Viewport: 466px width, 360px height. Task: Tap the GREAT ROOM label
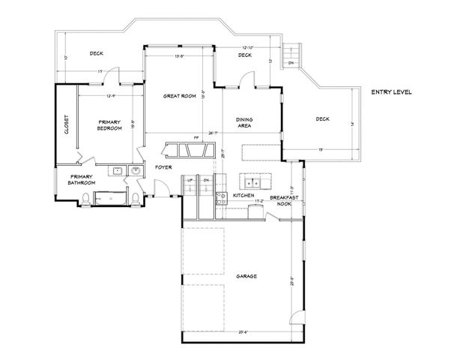(x=180, y=96)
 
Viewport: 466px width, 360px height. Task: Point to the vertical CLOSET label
(x=66, y=124)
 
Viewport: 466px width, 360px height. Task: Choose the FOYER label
(x=163, y=166)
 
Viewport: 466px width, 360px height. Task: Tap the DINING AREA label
(x=243, y=122)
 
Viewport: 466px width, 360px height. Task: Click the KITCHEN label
(x=243, y=195)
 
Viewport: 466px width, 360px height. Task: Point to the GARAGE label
(x=247, y=276)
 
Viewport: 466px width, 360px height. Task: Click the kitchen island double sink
(x=250, y=181)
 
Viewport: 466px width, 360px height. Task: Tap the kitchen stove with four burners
(x=221, y=198)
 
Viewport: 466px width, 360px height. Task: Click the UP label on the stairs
(x=190, y=181)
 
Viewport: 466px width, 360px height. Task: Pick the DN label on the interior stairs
(x=205, y=181)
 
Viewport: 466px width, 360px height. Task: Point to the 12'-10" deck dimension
(x=250, y=46)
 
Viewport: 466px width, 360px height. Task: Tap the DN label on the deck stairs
(x=291, y=63)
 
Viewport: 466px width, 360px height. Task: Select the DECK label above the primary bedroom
(x=96, y=53)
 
